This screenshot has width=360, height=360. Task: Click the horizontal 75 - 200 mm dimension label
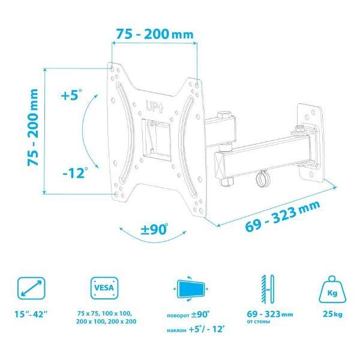point(155,34)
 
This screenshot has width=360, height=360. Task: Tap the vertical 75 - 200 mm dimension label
point(32,127)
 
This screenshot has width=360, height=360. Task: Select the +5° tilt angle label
point(71,95)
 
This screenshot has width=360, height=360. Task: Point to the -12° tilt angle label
point(76,173)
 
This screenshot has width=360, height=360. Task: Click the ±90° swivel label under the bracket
point(154,229)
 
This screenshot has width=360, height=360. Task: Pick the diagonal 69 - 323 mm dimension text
point(283,216)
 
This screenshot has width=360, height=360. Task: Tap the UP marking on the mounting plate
point(155,106)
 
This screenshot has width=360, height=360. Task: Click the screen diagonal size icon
point(31,288)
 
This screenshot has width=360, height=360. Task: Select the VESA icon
point(104,288)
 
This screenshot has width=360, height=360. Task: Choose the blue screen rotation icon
point(191,289)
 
